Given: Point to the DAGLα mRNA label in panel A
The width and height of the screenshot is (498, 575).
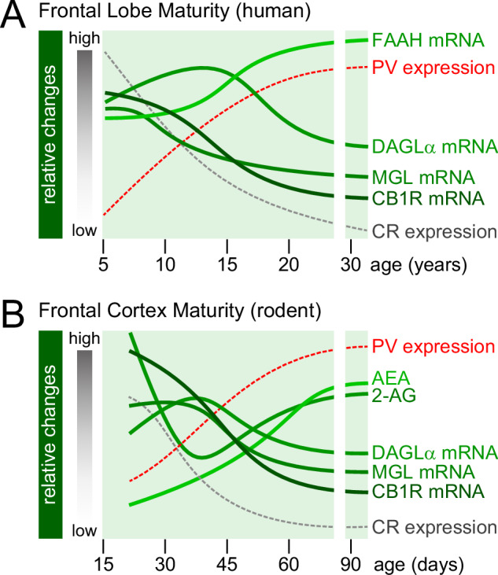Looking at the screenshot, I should click(435, 146).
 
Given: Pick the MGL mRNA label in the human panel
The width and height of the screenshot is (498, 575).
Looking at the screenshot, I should click(425, 176).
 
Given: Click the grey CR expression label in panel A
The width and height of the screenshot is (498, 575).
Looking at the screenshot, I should click(434, 231).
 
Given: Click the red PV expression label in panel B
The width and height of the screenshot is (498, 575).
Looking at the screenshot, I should click(433, 346).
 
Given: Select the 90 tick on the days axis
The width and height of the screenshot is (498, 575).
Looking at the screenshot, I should click(356, 564).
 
